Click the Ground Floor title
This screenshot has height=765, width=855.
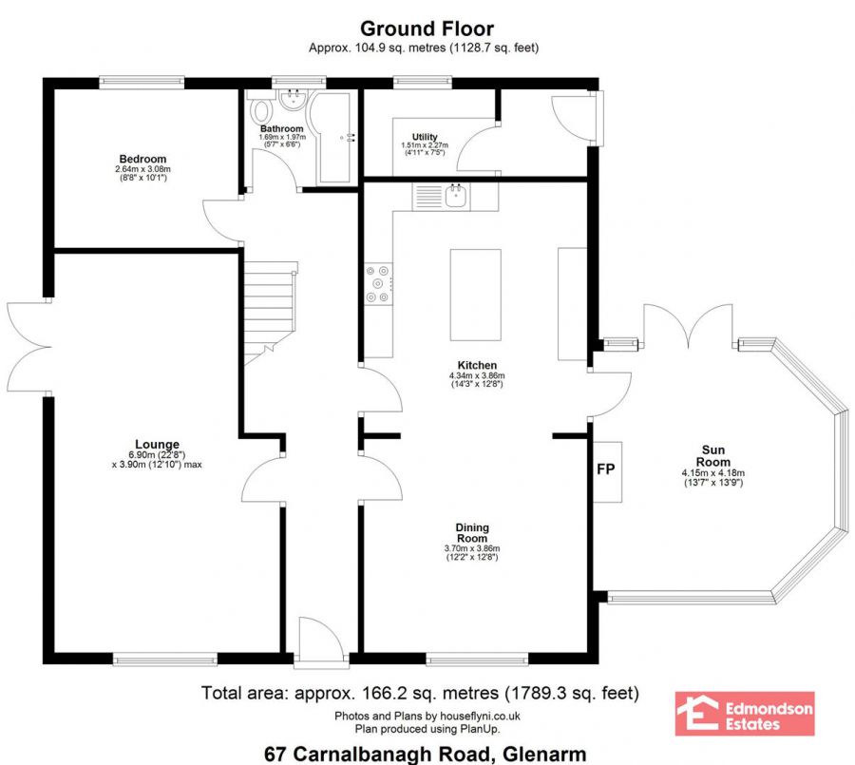[427, 29]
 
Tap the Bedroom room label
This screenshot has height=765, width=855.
[142, 160]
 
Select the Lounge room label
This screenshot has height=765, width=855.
[157, 444]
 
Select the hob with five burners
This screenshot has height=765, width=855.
[378, 283]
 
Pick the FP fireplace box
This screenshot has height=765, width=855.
[607, 471]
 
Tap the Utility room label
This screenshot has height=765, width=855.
[425, 137]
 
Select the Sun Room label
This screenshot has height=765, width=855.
[713, 455]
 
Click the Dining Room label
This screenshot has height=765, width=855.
[472, 532]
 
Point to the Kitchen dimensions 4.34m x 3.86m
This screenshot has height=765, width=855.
[477, 375]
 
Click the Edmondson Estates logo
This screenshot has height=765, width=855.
[745, 714]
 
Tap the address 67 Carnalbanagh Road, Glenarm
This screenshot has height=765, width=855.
[426, 755]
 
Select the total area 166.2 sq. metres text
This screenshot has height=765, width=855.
[420, 693]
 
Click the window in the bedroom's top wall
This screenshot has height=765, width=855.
[142, 83]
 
